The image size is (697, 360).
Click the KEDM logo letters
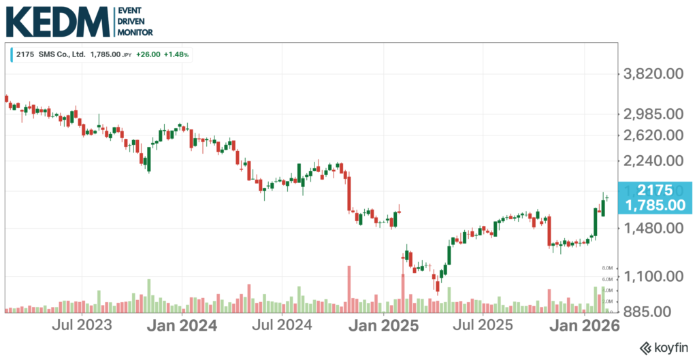pyautogui.click(x=57, y=22)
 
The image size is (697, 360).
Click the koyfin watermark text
pyautogui.click(x=664, y=347)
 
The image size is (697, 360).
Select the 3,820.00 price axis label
pyautogui.click(x=653, y=73)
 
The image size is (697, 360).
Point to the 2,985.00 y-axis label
pyautogui.click(x=653, y=114)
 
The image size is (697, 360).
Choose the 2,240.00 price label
pyautogui.click(x=653, y=161)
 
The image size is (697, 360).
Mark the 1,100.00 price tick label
pyautogui.click(x=653, y=276)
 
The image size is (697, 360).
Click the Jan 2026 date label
pyautogui.click(x=583, y=325)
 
